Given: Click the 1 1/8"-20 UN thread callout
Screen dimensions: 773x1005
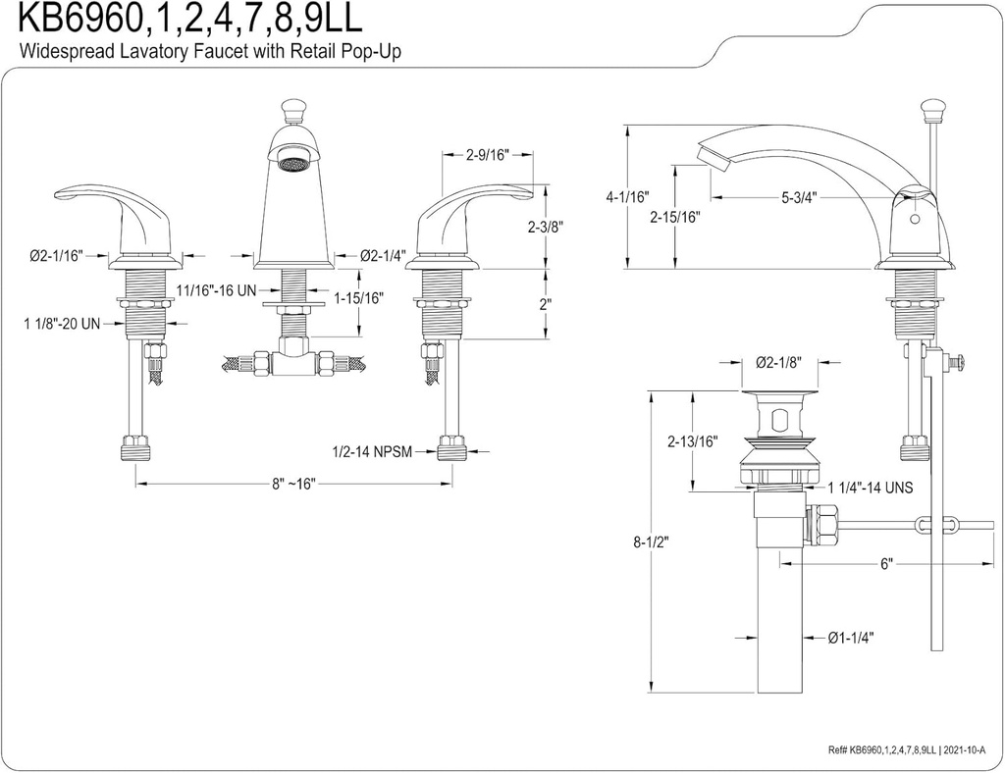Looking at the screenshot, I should point(61,323).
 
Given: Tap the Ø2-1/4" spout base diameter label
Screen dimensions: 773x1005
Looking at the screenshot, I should point(382,256).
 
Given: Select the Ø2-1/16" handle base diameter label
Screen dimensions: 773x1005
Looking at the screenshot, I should point(55,256).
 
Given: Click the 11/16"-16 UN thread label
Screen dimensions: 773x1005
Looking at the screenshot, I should point(217,290).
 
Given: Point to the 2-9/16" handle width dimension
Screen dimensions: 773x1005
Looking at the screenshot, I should point(487,154).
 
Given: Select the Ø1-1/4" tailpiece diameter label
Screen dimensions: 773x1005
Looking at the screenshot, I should point(851,637).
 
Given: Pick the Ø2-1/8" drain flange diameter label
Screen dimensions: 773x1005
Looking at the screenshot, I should point(780,362).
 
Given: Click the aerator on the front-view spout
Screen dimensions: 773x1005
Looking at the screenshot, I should point(291,162).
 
